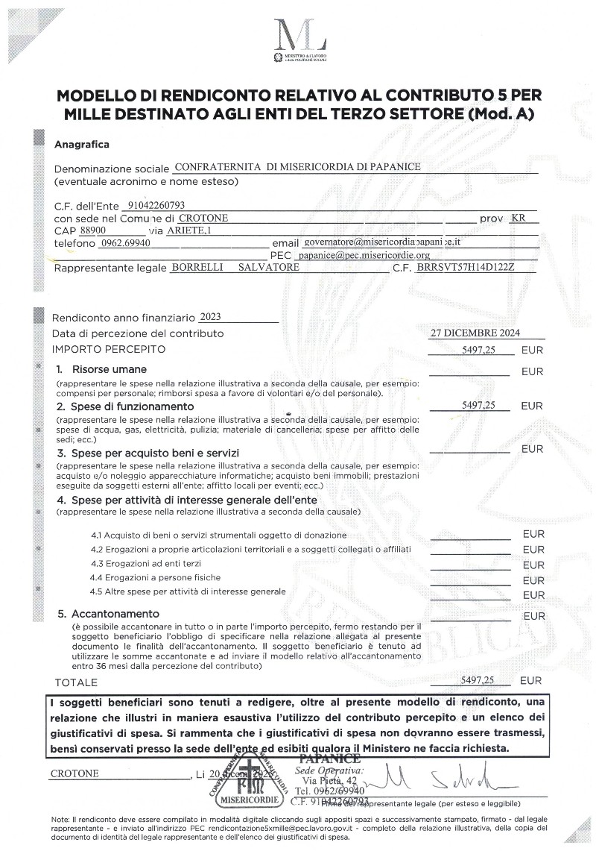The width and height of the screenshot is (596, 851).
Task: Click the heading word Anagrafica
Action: [x=82, y=144]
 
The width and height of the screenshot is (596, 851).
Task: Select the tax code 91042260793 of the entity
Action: [x=156, y=204]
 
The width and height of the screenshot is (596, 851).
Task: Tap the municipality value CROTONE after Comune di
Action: [x=203, y=218]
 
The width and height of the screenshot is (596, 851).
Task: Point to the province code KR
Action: [x=519, y=218]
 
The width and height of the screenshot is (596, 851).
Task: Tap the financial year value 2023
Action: [x=211, y=316]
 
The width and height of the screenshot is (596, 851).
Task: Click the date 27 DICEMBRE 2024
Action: [x=475, y=333]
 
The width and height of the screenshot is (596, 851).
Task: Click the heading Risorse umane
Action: [x=109, y=369]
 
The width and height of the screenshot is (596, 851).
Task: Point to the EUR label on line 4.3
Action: [x=533, y=565]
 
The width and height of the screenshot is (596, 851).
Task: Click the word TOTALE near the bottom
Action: [x=76, y=682]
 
